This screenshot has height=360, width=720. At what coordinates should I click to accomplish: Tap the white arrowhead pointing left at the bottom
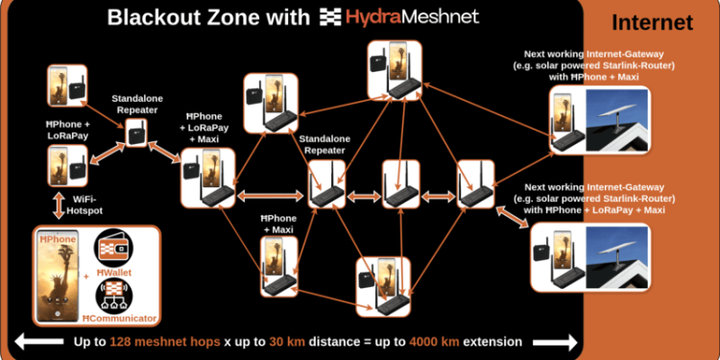coord(21,342)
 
